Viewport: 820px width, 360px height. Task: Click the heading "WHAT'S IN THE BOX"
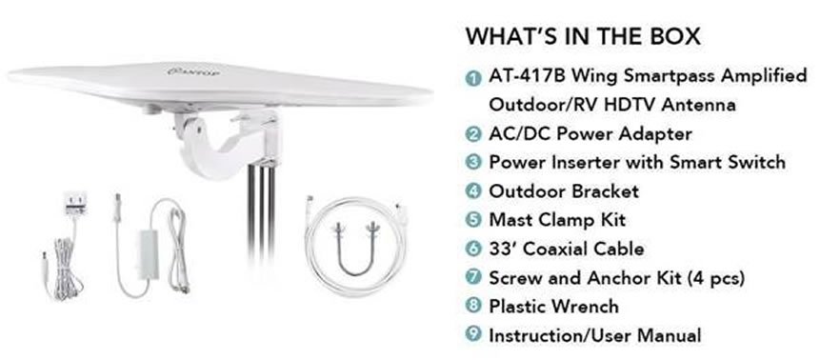[583, 36]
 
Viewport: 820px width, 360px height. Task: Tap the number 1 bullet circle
[473, 79]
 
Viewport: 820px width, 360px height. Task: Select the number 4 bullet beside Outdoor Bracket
[473, 191]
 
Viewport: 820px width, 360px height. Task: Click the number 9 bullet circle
[473, 334]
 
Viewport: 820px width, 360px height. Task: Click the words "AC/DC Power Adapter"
[590, 134]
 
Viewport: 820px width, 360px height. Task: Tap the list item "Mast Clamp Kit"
[557, 220]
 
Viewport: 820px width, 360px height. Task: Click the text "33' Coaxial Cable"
[567, 249]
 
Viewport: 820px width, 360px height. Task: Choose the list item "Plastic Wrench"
[554, 306]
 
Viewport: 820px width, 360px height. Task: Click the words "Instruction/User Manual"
[595, 335]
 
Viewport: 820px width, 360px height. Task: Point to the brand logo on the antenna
[193, 70]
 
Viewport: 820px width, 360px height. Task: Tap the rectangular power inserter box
[147, 256]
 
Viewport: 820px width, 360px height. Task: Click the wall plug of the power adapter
[75, 203]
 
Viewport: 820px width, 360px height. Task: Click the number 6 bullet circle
[473, 249]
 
